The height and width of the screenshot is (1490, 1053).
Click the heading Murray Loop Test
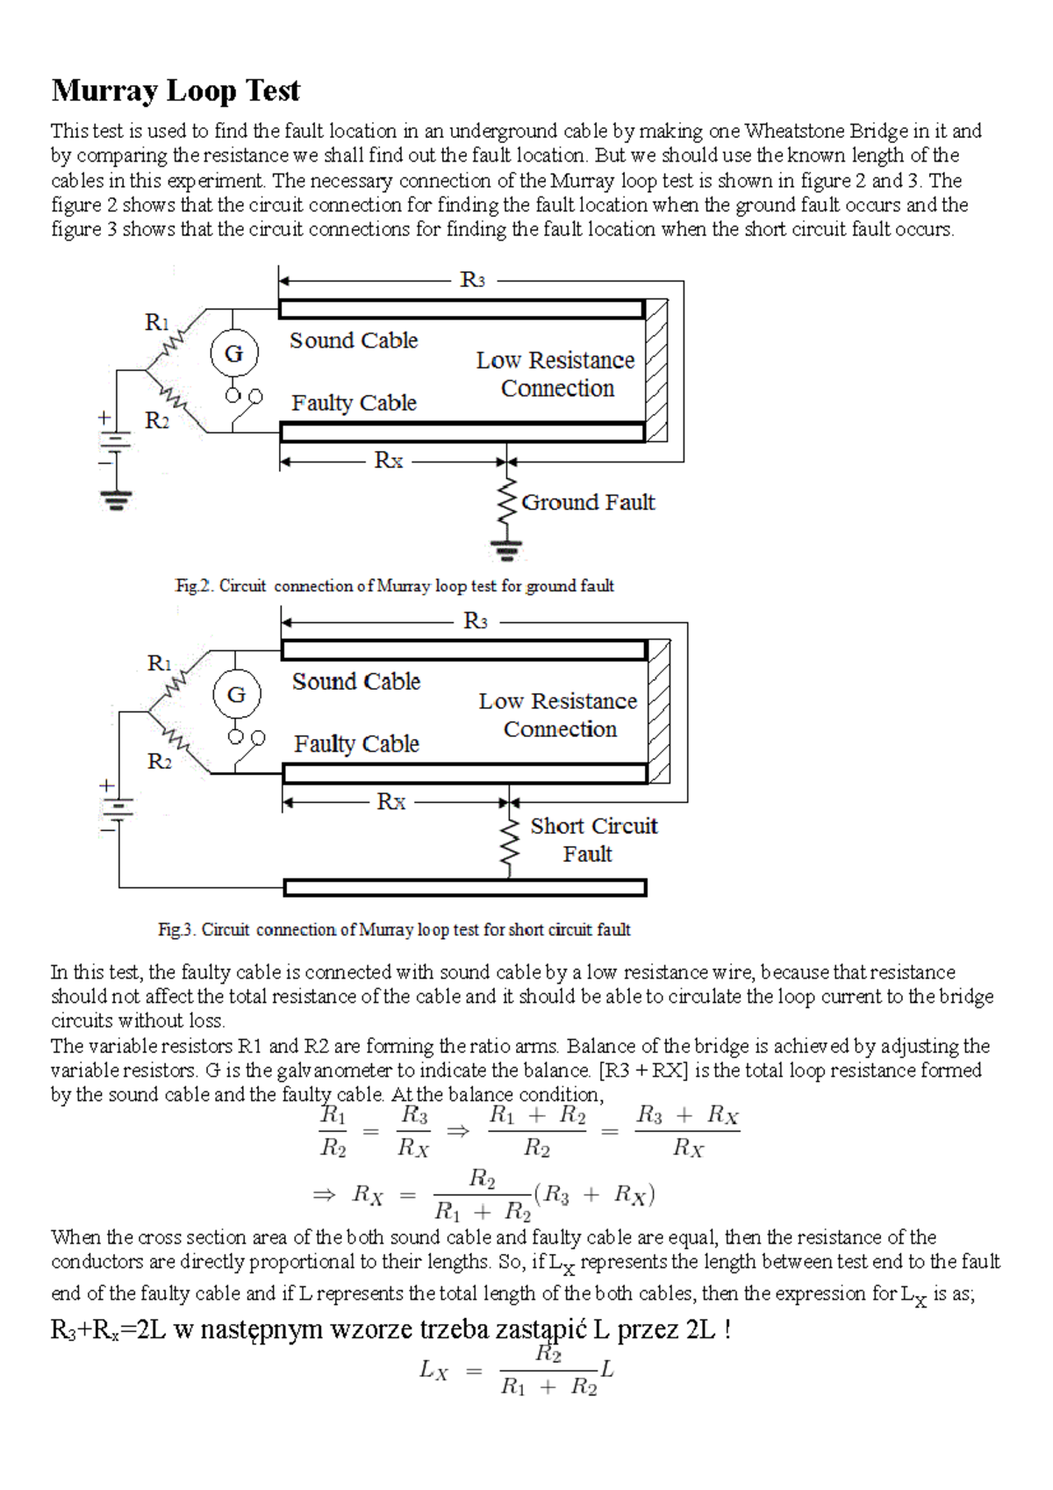point(175,90)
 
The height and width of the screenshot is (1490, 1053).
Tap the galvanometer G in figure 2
point(233,354)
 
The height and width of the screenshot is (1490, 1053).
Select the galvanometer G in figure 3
point(236,695)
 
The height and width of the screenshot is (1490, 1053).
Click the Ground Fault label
point(588,503)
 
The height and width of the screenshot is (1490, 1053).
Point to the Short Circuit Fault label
point(593,840)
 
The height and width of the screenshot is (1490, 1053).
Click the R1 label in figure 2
point(157,322)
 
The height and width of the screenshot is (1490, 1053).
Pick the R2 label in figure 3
point(160,761)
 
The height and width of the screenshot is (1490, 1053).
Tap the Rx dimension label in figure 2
point(389,461)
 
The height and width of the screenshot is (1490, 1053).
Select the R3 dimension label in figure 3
point(475,621)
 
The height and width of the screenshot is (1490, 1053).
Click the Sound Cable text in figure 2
point(354,340)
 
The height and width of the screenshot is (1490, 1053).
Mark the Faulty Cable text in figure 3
point(356,744)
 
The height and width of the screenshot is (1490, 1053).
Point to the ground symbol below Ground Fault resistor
point(506,551)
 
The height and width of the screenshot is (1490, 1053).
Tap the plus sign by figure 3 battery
point(107,786)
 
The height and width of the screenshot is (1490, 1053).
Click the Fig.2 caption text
point(394,585)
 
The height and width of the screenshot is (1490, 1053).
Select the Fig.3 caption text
point(394,929)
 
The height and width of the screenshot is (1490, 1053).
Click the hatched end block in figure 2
point(656,370)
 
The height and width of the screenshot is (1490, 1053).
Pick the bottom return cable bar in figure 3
point(465,887)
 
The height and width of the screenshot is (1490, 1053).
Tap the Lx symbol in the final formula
point(433,1371)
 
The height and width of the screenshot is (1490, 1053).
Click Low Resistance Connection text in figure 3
point(559,715)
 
